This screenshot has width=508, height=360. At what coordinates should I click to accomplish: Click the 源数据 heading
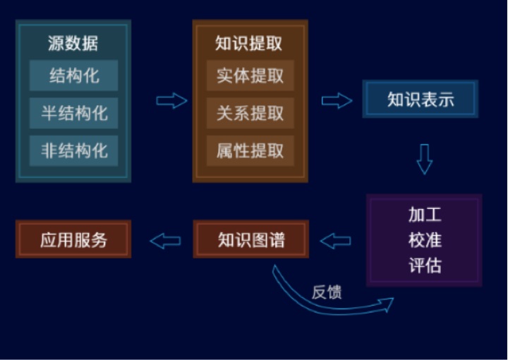pos(73,43)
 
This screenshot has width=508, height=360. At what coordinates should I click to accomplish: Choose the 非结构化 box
pos(73,150)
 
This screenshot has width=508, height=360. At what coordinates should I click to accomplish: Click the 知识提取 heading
pos(250,43)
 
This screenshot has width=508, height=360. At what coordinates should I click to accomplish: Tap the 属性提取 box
pos(250,150)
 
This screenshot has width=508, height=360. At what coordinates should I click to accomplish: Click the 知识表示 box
pos(420,100)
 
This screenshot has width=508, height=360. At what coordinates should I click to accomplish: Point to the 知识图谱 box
pos(250,239)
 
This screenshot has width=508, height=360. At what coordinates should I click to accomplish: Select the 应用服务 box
pos(73,239)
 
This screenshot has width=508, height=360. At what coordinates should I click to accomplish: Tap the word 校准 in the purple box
pos(424,240)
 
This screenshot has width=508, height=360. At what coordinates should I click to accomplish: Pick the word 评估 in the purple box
pos(424,266)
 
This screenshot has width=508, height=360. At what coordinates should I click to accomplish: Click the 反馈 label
pos(327,292)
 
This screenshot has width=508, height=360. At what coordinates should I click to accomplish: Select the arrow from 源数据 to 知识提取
pos(171,100)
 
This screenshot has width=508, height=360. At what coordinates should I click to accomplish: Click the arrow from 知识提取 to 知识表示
pos(337,100)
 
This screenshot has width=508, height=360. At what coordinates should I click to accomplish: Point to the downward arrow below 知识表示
pos(423,159)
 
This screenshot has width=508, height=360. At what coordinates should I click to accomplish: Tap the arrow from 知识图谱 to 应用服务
pos(165,241)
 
